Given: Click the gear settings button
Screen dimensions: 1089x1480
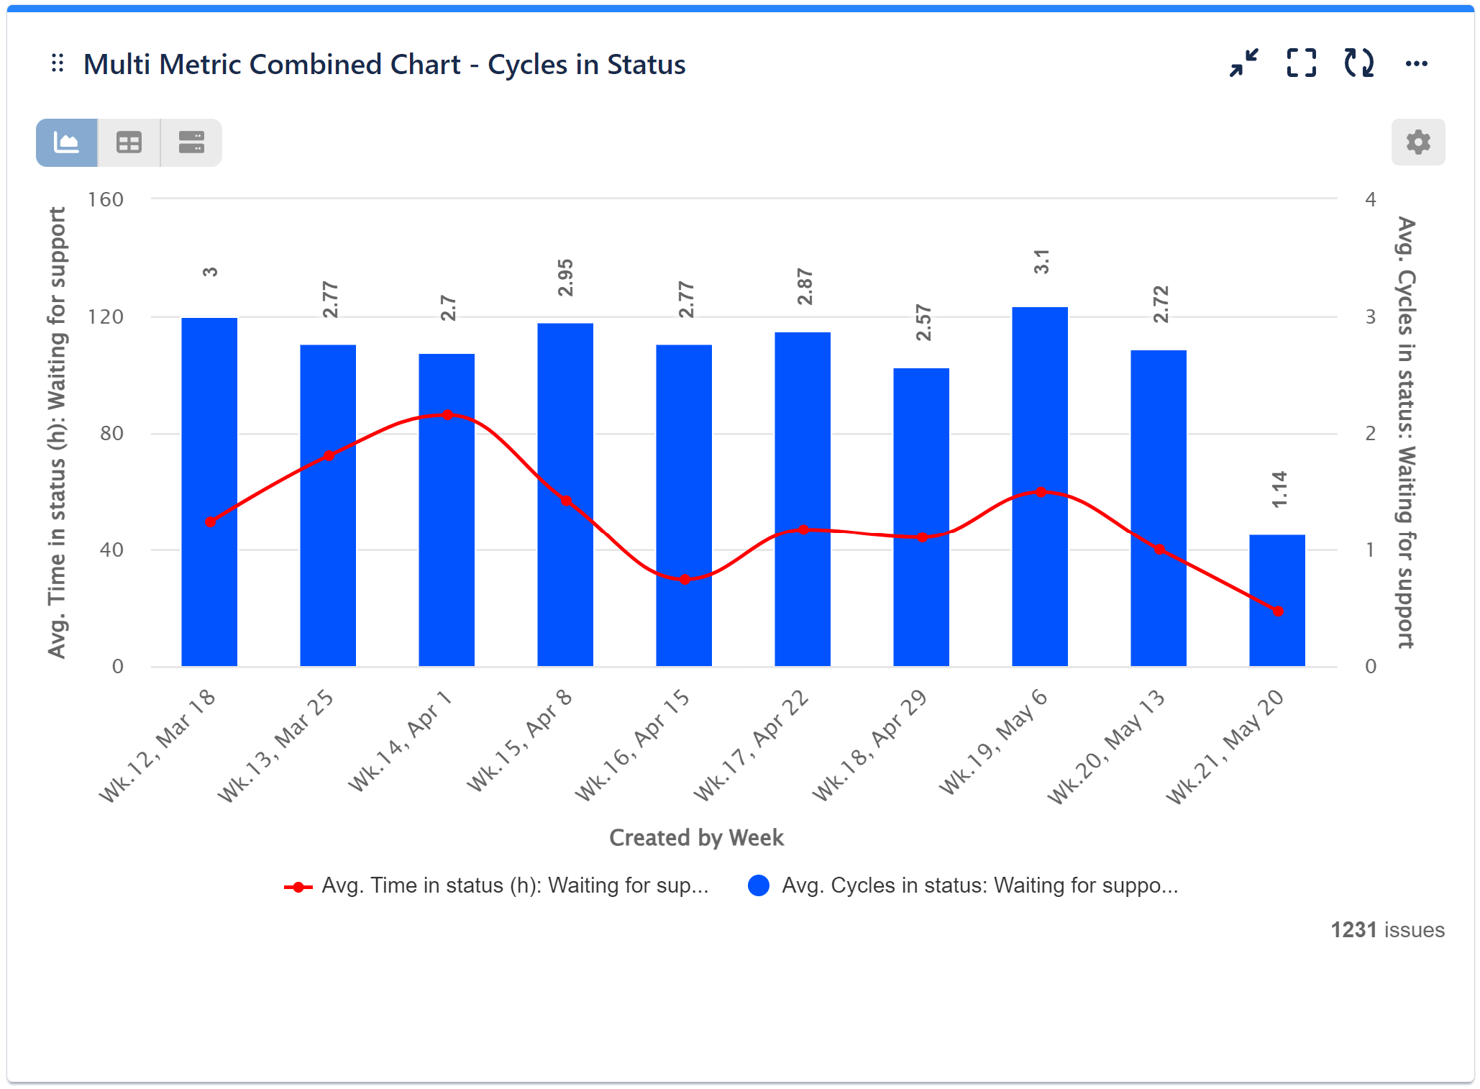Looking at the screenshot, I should (x=1417, y=142).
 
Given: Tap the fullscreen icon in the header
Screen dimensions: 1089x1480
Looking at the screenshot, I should (x=1301, y=63).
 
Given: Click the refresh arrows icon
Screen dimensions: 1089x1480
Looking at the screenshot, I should (x=1358, y=63).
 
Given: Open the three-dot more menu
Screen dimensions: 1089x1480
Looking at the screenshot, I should (x=1416, y=64).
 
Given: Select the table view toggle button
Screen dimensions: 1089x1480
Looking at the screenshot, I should (x=129, y=142).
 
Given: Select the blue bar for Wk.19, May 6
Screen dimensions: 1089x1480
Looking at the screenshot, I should (x=1039, y=486).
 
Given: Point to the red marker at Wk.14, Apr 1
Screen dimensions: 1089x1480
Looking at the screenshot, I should (x=447, y=415).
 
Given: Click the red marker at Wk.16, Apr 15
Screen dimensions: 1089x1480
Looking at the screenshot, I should (x=685, y=579).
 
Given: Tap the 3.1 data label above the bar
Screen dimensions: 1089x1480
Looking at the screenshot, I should (x=1041, y=262).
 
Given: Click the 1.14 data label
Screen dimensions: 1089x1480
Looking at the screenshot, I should (x=1279, y=489).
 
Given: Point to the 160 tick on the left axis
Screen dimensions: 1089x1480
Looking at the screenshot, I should (x=105, y=199).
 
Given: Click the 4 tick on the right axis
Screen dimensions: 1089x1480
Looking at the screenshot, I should (x=1370, y=199).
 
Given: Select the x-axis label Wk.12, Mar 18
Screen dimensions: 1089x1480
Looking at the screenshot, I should (x=157, y=746).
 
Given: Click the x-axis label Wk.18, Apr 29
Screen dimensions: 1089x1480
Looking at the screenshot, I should (x=870, y=746).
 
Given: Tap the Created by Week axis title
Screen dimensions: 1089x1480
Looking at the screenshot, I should (x=695, y=837).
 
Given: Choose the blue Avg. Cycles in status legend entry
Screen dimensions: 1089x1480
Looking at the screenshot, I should (x=964, y=885).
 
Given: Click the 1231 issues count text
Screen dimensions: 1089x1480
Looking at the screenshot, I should (x=1387, y=930).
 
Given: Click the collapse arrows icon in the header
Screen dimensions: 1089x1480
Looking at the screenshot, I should (x=1243, y=63).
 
